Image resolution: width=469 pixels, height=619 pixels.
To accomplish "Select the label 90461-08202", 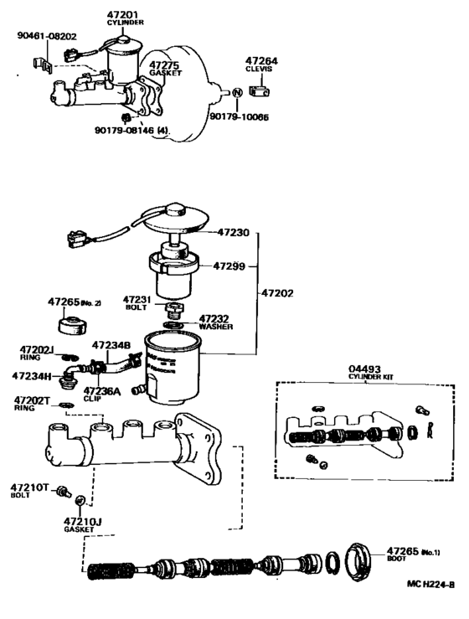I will pyautogui.click(x=46, y=36).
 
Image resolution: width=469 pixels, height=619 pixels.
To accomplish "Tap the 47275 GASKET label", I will pyautogui.click(x=164, y=68).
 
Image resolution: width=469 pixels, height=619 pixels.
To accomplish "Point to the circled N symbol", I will pyautogui.click(x=237, y=91).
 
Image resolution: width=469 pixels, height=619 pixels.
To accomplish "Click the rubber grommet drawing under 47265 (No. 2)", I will pyautogui.click(x=70, y=324).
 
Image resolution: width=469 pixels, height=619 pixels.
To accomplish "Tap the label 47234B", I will pyautogui.click(x=111, y=344).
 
